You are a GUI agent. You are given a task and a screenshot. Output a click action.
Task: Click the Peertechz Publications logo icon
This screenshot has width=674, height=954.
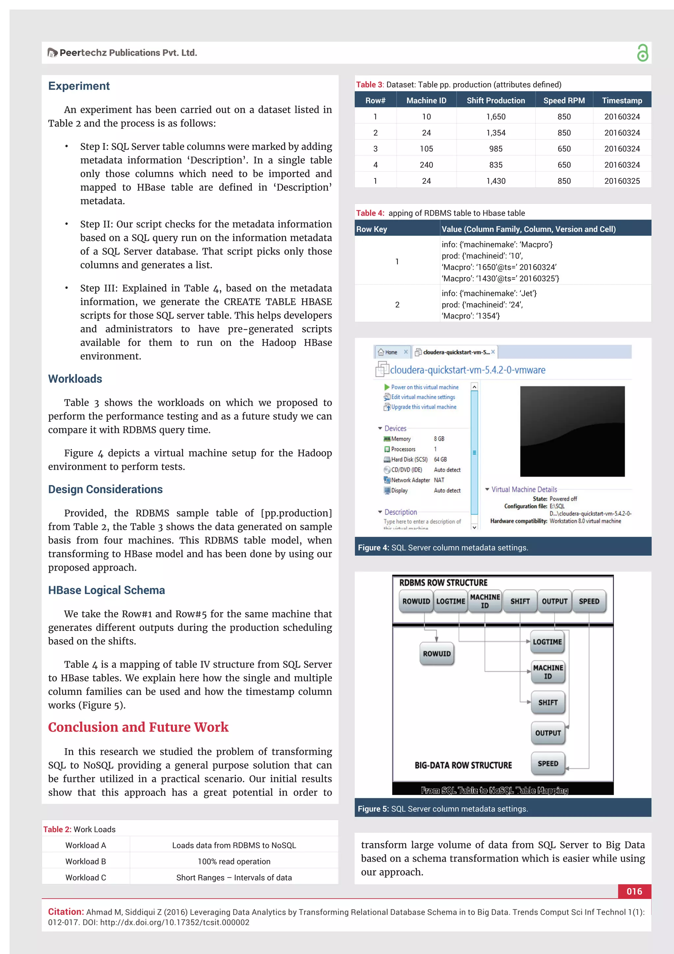click(x=52, y=53)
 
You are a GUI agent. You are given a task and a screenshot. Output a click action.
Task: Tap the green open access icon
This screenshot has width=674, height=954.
click(x=642, y=53)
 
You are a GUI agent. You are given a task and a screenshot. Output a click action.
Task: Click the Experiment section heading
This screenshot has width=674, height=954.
click(x=79, y=86)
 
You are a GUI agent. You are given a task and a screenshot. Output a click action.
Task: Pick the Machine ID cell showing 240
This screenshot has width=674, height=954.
click(x=426, y=165)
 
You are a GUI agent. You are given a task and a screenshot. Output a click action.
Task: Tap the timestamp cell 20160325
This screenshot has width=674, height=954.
click(x=622, y=181)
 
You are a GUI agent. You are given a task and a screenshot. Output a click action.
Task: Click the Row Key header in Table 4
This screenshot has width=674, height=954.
click(x=372, y=229)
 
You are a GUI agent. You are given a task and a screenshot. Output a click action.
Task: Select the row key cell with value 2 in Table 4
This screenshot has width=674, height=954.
click(x=397, y=305)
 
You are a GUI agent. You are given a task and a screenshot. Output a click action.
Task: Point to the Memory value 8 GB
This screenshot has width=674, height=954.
click(x=439, y=439)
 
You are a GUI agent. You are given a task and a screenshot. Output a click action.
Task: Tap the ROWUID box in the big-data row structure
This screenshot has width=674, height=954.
click(x=436, y=654)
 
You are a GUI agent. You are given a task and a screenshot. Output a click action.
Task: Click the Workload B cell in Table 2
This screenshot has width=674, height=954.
click(x=86, y=861)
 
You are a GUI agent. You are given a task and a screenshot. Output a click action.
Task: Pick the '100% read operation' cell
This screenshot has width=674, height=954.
click(x=234, y=861)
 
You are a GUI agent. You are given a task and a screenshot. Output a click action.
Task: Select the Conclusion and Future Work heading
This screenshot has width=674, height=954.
click(x=138, y=727)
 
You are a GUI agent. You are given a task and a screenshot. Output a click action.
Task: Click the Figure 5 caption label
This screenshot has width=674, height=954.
click(x=373, y=809)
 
